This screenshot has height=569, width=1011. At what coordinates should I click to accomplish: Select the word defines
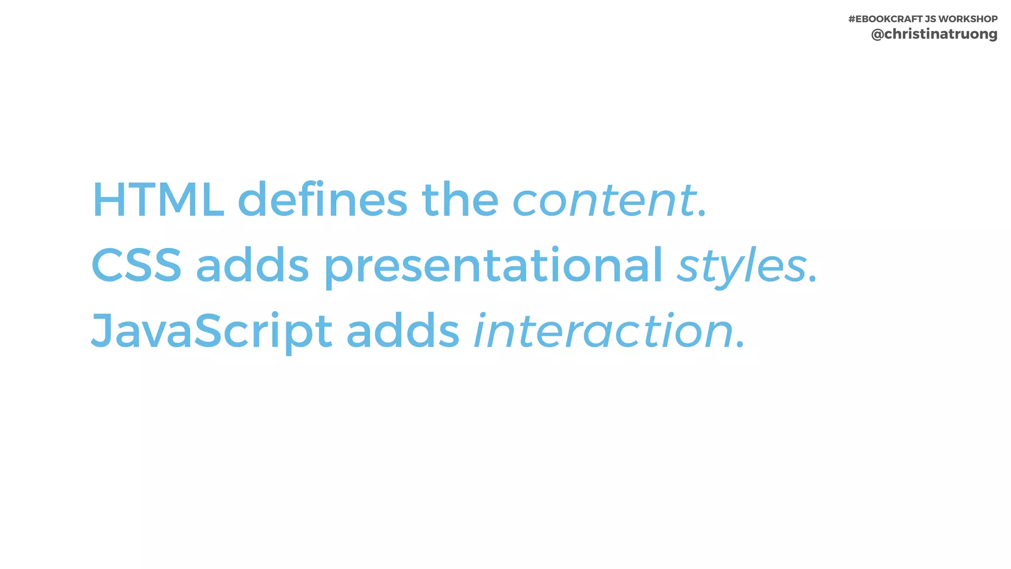tap(322, 200)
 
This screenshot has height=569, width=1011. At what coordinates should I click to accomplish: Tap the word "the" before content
tap(460, 200)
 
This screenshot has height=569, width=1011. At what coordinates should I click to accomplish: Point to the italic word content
tap(604, 201)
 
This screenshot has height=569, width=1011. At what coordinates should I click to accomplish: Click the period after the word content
tap(702, 214)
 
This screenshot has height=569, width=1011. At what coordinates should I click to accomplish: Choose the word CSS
tap(136, 265)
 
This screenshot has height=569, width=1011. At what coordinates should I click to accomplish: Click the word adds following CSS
tap(252, 265)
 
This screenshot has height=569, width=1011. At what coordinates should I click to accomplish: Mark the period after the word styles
tap(813, 280)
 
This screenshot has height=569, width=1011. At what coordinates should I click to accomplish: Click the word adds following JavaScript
tap(403, 331)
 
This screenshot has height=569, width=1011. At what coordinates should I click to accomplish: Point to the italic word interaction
tap(603, 331)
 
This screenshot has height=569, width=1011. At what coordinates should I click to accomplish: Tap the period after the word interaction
tap(739, 345)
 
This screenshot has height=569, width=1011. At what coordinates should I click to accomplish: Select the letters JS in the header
tap(930, 19)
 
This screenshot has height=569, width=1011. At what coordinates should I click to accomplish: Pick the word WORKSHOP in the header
tap(968, 19)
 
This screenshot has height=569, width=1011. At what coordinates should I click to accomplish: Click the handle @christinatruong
tap(934, 34)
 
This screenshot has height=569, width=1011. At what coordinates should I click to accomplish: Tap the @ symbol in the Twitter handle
tap(877, 34)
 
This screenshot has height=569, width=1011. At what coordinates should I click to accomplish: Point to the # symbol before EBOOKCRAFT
tap(852, 19)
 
